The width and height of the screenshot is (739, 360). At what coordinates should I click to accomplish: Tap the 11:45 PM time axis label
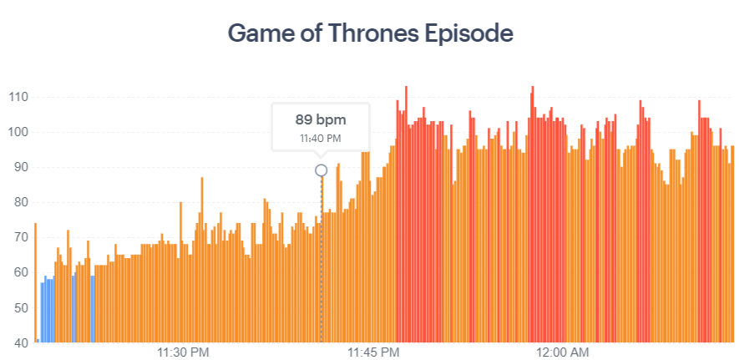click(x=373, y=352)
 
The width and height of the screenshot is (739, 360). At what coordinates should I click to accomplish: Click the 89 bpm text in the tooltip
click(x=321, y=119)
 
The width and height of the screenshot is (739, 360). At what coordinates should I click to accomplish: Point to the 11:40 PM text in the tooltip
click(x=321, y=138)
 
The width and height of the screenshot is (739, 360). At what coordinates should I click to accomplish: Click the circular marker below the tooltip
click(x=321, y=170)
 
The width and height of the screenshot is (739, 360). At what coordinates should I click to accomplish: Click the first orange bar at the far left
click(x=35, y=284)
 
